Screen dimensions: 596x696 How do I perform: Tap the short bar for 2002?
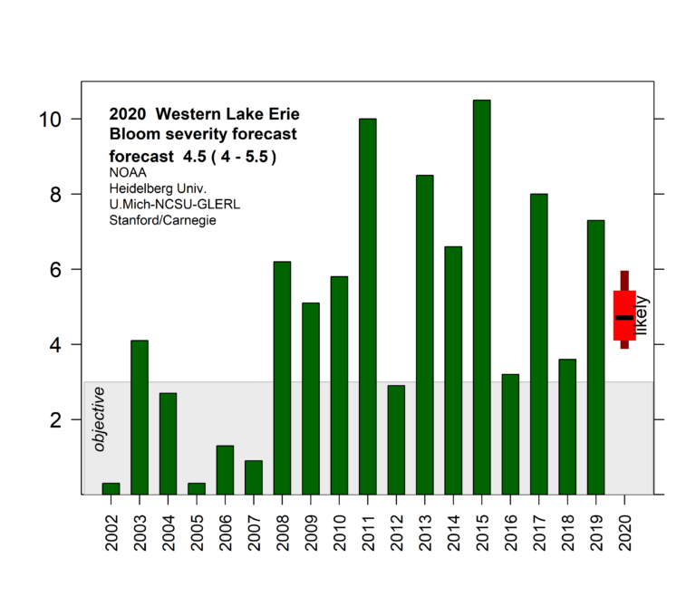tap(111, 488)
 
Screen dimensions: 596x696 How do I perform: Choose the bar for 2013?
tap(424, 334)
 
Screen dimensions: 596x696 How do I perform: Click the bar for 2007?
tap(254, 477)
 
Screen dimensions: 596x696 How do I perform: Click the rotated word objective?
tap(100, 418)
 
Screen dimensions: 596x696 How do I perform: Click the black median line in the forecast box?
tap(624, 318)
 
